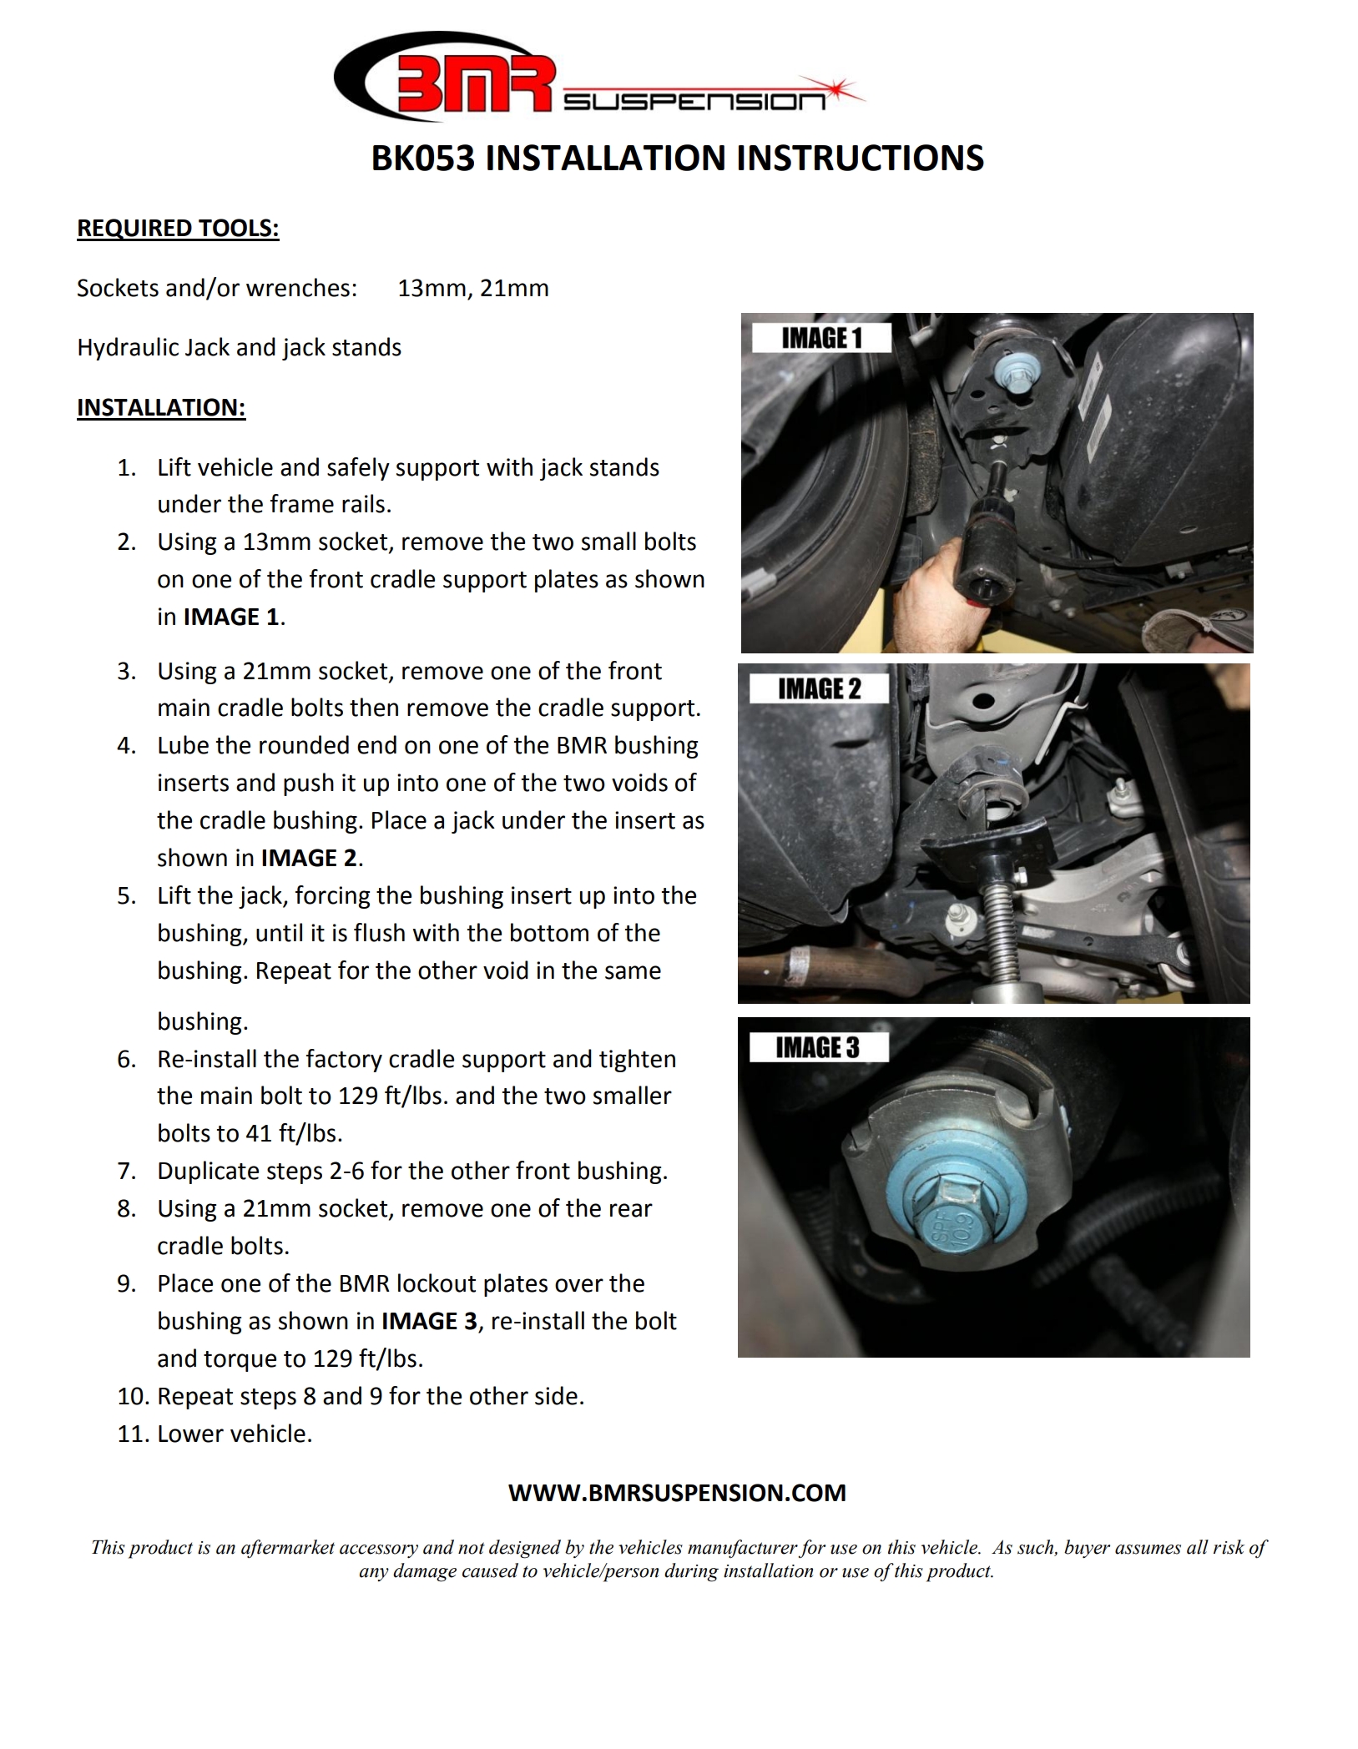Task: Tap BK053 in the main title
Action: [422, 159]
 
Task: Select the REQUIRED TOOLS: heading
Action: [178, 229]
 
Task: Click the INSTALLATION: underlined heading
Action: [161, 407]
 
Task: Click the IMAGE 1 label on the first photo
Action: [821, 339]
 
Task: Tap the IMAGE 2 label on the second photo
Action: [819, 689]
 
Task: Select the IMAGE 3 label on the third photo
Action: [817, 1048]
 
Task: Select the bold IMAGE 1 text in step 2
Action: [231, 617]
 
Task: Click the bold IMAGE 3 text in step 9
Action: [431, 1322]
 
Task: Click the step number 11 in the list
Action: [131, 1434]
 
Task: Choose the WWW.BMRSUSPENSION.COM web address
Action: [677, 1493]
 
